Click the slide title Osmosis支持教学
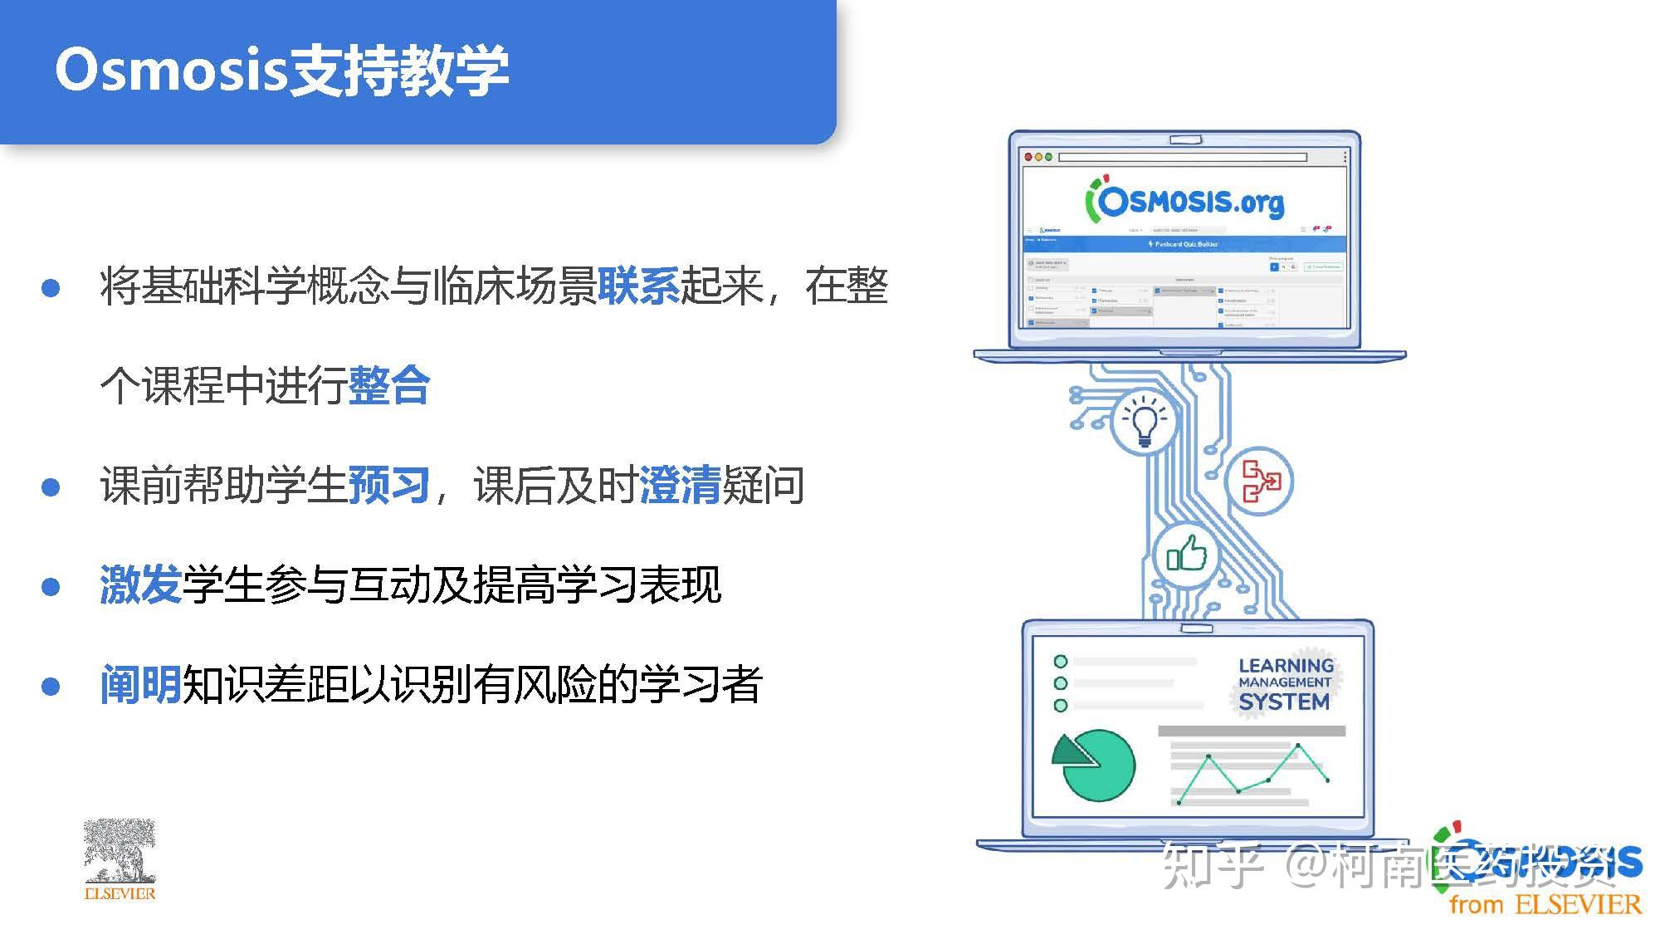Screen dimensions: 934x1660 (x=281, y=70)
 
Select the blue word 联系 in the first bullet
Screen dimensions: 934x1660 (x=638, y=286)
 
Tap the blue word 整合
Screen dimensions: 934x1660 (x=389, y=385)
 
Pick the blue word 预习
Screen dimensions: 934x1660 (x=389, y=485)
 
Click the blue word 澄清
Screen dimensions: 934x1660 (x=680, y=485)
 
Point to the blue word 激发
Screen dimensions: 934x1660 (x=140, y=584)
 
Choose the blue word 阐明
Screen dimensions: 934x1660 (x=140, y=684)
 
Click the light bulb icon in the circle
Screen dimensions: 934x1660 (x=1145, y=421)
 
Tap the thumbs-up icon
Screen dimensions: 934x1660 (x=1186, y=554)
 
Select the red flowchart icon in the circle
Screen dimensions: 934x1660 (x=1259, y=481)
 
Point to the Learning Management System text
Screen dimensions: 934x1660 (x=1284, y=684)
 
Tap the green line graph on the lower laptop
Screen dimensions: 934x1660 (x=1253, y=772)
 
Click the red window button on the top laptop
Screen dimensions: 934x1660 (x=1028, y=157)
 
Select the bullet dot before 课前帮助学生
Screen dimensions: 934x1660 (x=51, y=487)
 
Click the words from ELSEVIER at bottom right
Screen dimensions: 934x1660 (x=1545, y=904)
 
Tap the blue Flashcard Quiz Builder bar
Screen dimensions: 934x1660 (x=1185, y=244)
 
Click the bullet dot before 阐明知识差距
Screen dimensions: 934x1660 (x=51, y=687)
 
